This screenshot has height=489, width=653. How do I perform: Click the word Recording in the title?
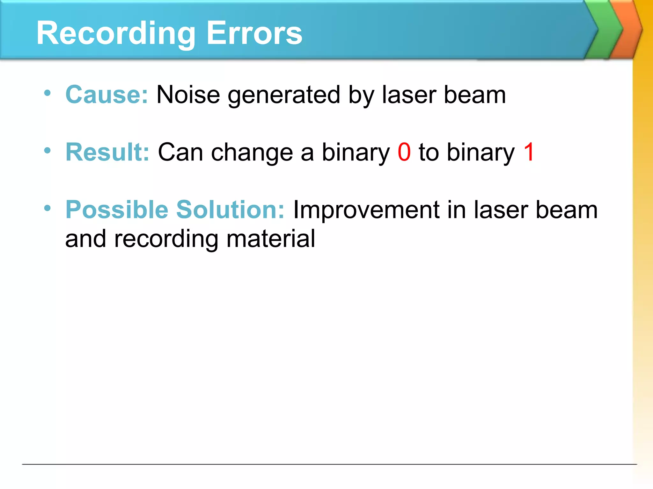(x=116, y=33)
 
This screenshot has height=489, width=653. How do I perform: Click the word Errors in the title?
(x=254, y=33)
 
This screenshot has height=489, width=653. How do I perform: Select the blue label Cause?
(x=106, y=95)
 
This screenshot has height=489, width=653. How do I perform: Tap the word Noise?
(x=188, y=95)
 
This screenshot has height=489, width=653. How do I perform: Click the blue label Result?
(x=107, y=152)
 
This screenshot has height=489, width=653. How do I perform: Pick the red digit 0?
(x=404, y=152)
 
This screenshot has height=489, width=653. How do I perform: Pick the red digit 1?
(x=529, y=152)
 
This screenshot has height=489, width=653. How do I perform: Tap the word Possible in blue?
(x=117, y=210)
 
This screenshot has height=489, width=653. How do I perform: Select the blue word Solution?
(x=230, y=210)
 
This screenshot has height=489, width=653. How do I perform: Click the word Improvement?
(x=366, y=210)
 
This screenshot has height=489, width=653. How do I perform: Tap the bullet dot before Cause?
(x=48, y=93)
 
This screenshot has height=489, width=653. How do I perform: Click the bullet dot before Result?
(x=48, y=151)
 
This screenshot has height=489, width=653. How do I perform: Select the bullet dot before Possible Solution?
(x=48, y=208)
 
